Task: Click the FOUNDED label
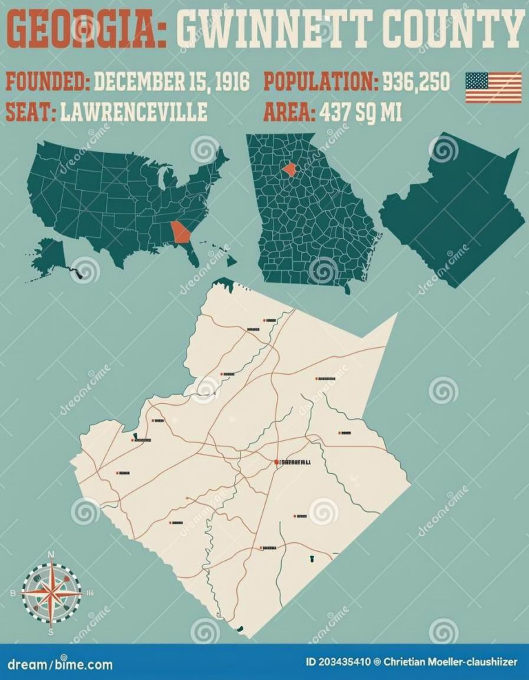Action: pos(48,82)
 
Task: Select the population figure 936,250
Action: pos(416,82)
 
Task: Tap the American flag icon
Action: pos(493,87)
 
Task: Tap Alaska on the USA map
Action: pos(51,255)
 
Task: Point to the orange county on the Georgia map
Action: pos(290,168)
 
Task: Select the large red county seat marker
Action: pos(276,462)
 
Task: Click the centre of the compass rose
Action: pos(51,592)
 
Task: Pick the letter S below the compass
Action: pos(50,630)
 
